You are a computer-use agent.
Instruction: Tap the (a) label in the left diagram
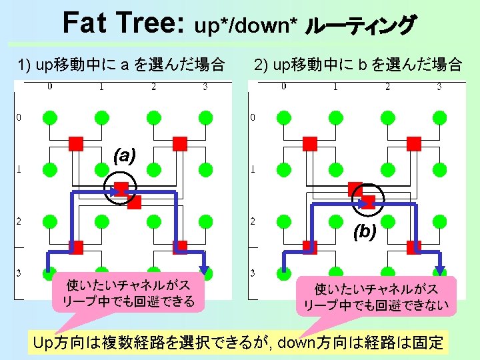click(x=125, y=156)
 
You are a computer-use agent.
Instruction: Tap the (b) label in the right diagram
click(x=365, y=231)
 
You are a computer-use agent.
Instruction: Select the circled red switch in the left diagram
click(x=121, y=188)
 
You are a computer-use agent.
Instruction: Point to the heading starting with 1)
click(x=121, y=65)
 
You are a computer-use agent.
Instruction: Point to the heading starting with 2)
click(x=357, y=65)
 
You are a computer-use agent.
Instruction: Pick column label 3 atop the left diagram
click(x=205, y=86)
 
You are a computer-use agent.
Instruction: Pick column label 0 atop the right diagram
click(x=283, y=86)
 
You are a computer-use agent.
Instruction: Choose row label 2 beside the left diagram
click(x=19, y=221)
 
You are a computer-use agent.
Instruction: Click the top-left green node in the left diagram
click(x=49, y=117)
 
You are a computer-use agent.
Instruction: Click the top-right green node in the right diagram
click(x=439, y=117)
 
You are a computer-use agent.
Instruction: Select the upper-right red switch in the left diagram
click(x=179, y=143)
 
